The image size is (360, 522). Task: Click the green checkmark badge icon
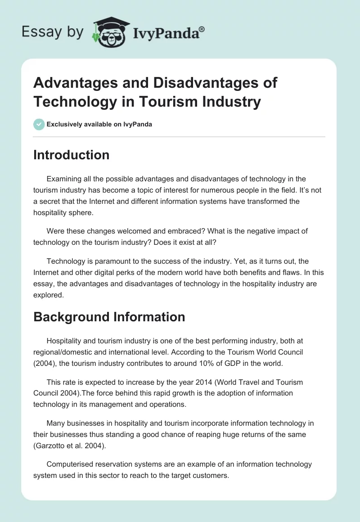(x=39, y=124)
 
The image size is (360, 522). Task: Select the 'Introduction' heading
(x=72, y=155)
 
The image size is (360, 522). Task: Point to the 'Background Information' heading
(x=109, y=317)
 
